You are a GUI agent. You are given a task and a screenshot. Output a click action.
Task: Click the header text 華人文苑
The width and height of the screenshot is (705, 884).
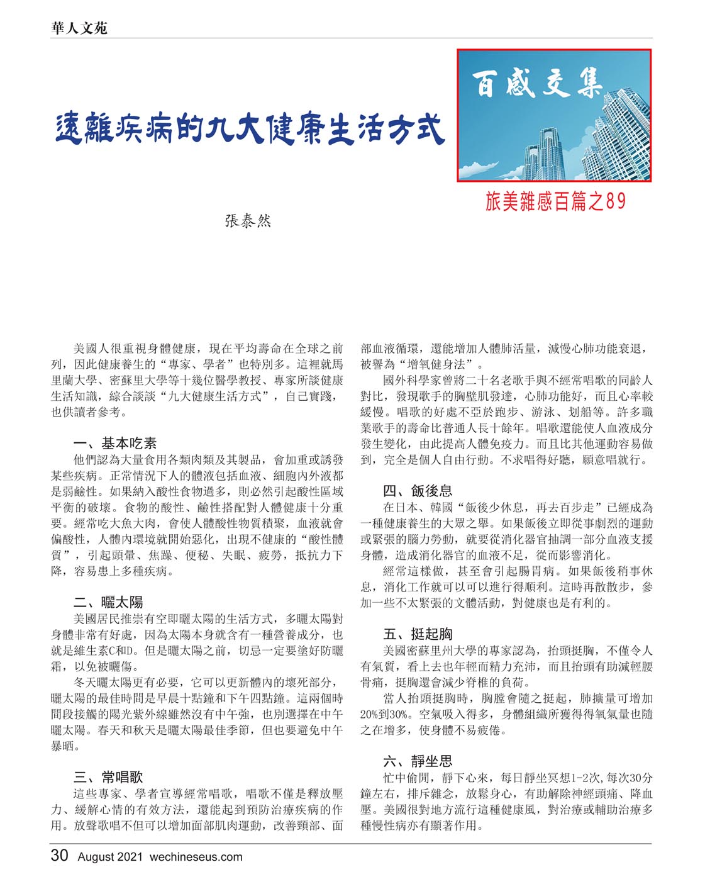click(79, 28)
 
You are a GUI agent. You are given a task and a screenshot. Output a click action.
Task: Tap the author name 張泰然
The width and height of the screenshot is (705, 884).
click(248, 221)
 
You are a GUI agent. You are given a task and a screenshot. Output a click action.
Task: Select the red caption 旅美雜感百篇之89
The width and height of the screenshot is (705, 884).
click(555, 201)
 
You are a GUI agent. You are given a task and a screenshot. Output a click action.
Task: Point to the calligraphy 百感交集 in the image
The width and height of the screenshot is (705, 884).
click(537, 84)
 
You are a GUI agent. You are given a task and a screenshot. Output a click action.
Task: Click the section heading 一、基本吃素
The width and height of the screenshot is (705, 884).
click(115, 444)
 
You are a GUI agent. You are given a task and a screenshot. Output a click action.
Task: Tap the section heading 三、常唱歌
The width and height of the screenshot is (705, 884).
click(108, 778)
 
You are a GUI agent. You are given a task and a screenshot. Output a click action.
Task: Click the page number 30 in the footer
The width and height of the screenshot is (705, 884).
click(60, 856)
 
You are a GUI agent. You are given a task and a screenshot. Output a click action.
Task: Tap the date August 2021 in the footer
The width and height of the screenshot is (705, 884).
click(111, 857)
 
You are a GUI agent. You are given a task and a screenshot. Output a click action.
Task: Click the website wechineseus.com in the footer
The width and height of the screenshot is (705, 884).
click(196, 857)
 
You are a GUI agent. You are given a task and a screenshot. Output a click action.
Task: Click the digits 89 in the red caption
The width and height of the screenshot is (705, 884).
click(616, 201)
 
